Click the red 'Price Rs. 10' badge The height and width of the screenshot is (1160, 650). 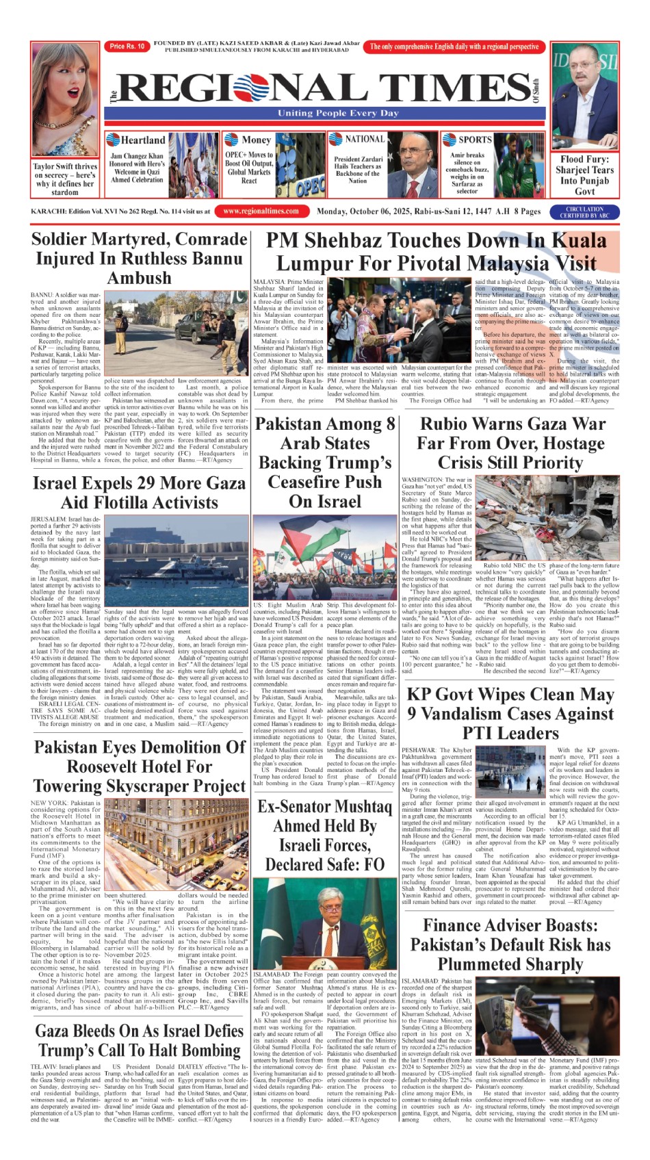pyautogui.click(x=127, y=47)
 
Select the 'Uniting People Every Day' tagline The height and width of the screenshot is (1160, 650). pyautogui.click(x=338, y=114)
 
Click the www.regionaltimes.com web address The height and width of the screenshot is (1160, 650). pyautogui.click(x=261, y=211)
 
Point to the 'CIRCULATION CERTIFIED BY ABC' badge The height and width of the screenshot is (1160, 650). pyautogui.click(x=584, y=212)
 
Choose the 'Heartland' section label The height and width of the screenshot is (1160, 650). pyautogui.click(x=143, y=140)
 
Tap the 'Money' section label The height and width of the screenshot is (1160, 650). pyautogui.click(x=257, y=140)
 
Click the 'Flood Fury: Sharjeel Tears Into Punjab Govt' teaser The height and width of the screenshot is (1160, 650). pyautogui.click(x=585, y=175)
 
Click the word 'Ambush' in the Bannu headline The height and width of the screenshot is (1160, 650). pyautogui.click(x=139, y=279)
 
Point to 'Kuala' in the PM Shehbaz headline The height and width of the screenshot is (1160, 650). pyautogui.click(x=580, y=241)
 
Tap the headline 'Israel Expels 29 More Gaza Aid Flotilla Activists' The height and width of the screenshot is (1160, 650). pyautogui.click(x=139, y=493)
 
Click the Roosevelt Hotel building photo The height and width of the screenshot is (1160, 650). pyautogui.click(x=176, y=843)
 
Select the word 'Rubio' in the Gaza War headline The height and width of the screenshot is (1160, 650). pyautogui.click(x=448, y=424)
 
